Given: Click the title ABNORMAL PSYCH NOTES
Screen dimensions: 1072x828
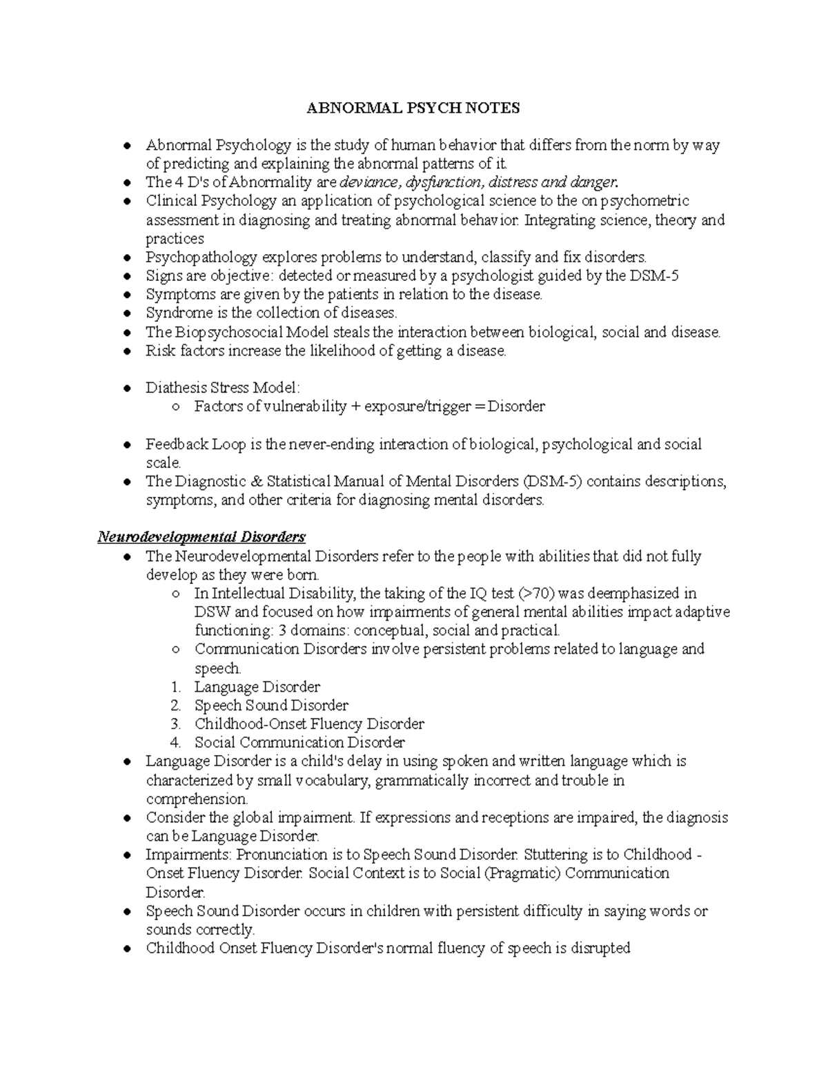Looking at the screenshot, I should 413,108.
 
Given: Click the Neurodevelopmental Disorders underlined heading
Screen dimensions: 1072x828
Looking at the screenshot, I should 201,537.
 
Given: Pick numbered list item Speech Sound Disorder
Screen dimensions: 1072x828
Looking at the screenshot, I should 271,705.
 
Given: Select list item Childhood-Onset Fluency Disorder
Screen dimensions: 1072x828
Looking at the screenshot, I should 309,724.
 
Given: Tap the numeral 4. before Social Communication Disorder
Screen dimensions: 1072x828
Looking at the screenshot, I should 176,743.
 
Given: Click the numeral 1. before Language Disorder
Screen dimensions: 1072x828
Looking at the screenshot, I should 176,687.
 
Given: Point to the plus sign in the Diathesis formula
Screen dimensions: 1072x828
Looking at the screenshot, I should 355,407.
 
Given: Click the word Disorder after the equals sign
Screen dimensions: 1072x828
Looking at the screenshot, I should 516,407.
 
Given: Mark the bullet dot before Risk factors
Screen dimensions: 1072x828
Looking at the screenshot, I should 126,351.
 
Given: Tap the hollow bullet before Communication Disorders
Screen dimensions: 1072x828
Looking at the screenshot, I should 176,650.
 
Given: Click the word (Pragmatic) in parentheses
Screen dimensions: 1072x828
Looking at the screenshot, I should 523,873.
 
